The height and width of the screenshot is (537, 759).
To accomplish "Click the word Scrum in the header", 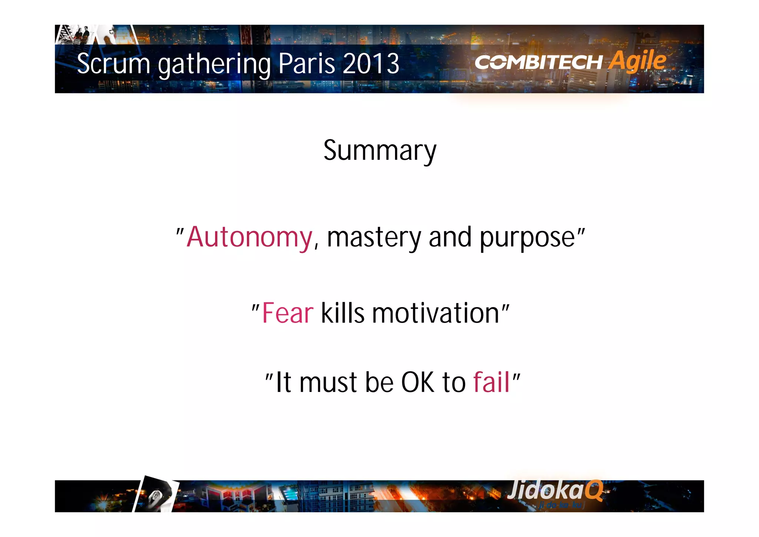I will click(113, 63).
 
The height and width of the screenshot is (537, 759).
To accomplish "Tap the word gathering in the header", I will click(215, 64).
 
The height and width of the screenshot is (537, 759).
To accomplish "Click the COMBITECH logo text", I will click(538, 62).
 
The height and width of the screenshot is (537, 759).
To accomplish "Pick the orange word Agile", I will click(637, 60).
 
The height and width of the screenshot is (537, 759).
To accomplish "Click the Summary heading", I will click(380, 151).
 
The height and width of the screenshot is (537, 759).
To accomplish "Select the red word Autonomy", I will click(249, 237).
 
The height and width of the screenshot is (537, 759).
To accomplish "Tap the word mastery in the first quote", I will click(374, 237).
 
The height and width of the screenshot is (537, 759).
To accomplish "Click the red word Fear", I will click(288, 313).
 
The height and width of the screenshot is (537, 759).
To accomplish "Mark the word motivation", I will click(436, 313).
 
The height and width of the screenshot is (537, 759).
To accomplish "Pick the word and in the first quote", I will click(450, 237).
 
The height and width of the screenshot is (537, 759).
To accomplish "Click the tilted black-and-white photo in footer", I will click(156, 495).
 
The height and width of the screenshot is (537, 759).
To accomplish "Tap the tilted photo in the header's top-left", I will click(80, 34).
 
